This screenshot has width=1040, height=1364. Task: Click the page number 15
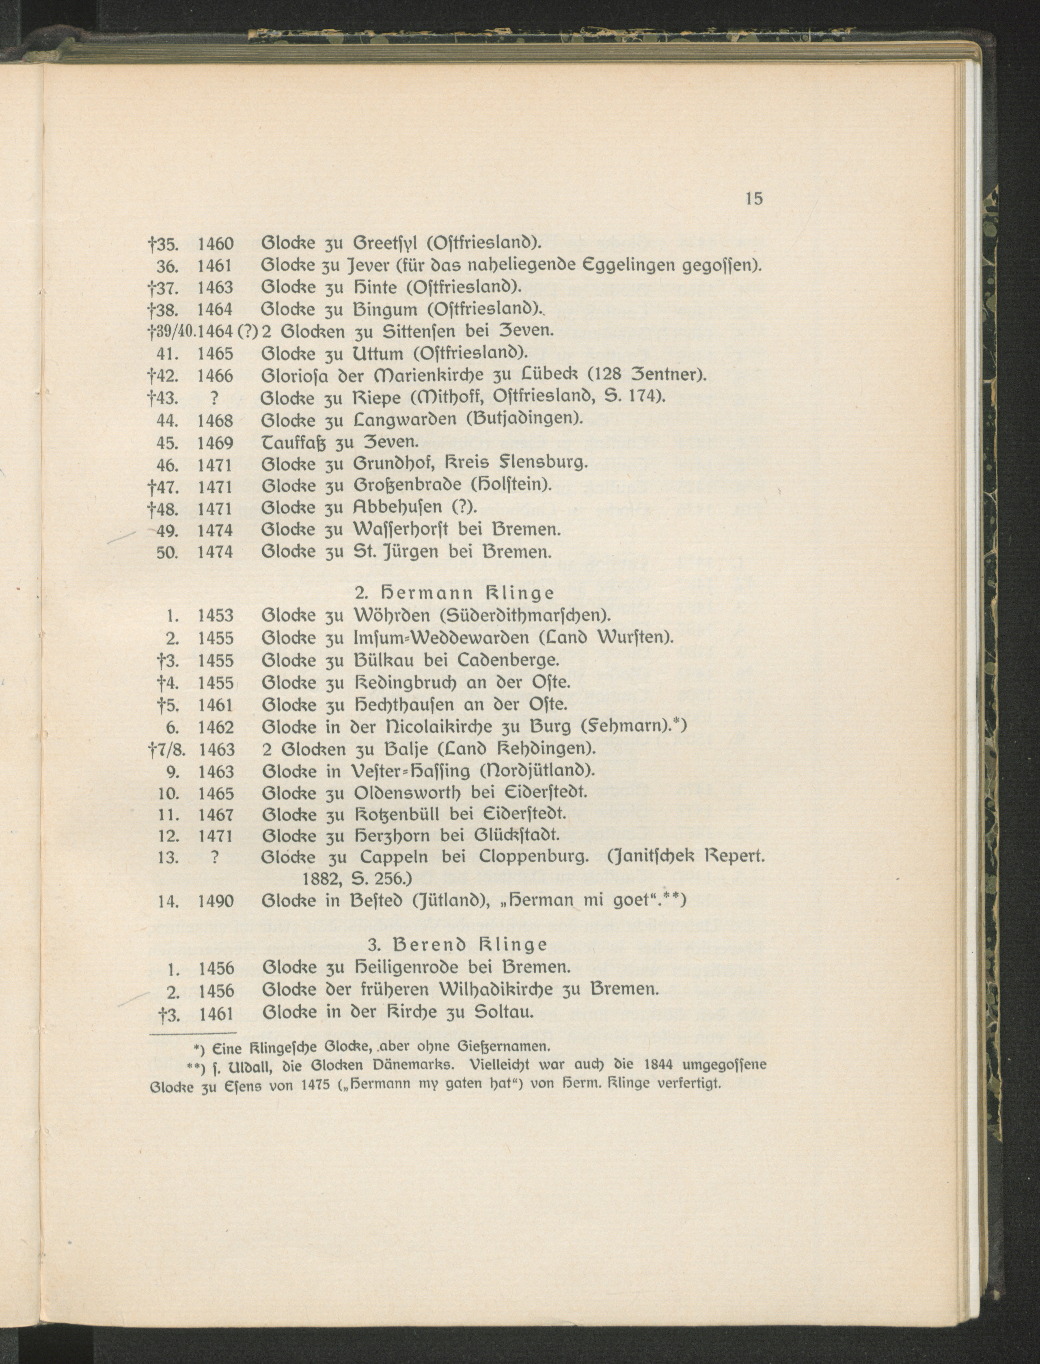coord(754,199)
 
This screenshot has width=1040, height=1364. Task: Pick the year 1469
coord(216,443)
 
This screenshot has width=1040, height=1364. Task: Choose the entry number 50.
coord(167,552)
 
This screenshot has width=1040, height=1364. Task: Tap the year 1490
coord(216,902)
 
